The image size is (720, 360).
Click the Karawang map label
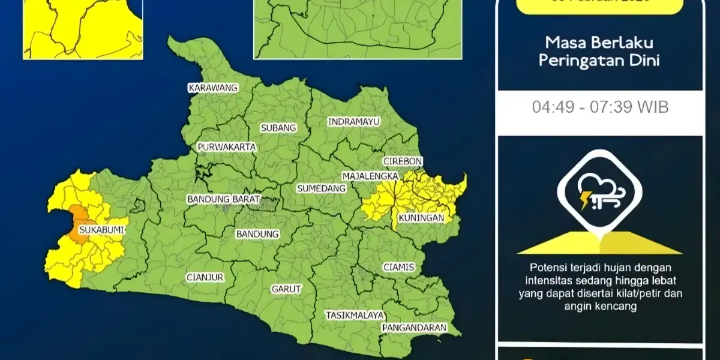(213, 88)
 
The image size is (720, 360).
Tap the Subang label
(278, 128)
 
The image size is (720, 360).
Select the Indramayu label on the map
(354, 122)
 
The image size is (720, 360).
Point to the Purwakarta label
(227, 147)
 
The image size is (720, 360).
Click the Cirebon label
(403, 161)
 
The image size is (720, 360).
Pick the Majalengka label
(370, 176)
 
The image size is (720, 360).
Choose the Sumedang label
(322, 188)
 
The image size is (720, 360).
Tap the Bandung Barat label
(223, 199)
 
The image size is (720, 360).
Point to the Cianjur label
(205, 277)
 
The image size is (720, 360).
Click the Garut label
(286, 289)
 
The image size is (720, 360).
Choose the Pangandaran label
(415, 328)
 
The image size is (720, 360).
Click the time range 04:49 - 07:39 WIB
(600, 107)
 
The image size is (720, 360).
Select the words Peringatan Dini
(599, 61)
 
